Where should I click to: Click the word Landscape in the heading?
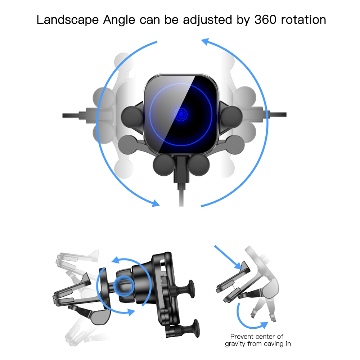coord(68,20)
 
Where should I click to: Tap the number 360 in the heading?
coord(265,19)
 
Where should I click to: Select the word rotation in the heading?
coord(303,20)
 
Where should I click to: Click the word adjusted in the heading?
coord(207,20)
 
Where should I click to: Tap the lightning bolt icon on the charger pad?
coord(181,114)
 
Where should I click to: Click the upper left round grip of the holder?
coord(132,117)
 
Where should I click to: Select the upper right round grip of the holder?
coord(231,117)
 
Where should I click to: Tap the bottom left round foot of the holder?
coord(164,165)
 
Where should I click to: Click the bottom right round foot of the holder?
coord(199,165)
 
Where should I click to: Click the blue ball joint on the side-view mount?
coord(124,286)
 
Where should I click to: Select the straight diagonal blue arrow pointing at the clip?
coord(228,257)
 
